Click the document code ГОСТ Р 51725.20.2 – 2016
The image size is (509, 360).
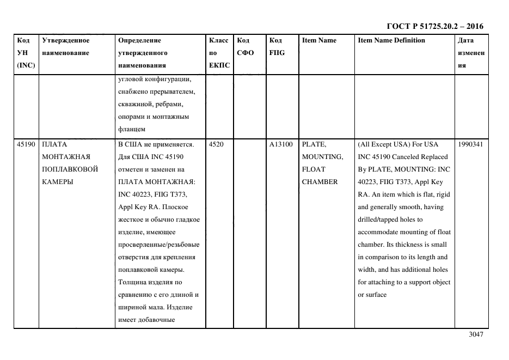[434, 26]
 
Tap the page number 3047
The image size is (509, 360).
[475, 335]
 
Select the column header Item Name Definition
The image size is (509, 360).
[391, 40]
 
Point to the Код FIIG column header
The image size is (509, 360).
[277, 46]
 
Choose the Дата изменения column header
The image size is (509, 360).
[471, 53]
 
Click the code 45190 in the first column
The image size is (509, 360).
[26, 144]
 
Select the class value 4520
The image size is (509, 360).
[216, 144]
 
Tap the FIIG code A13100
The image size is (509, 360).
[281, 144]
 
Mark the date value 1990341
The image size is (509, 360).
[471, 144]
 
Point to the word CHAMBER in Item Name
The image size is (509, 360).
[320, 182]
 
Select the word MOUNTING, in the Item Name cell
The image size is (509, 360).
[322, 157]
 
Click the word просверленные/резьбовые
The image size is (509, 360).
[159, 245]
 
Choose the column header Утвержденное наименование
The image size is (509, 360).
[66, 46]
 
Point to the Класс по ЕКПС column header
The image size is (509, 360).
[219, 53]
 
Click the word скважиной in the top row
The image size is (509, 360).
[137, 103]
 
